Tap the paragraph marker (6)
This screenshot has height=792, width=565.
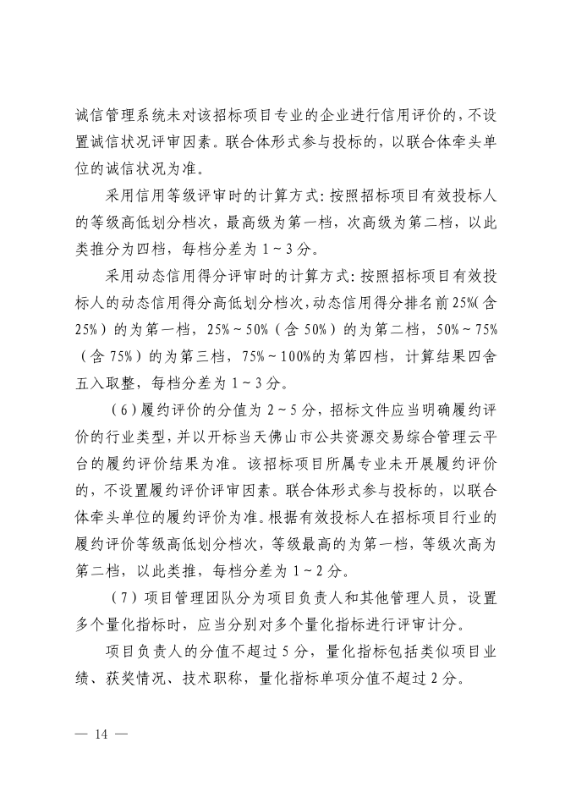pos(128,410)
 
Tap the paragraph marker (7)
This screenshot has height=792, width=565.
pos(128,597)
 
